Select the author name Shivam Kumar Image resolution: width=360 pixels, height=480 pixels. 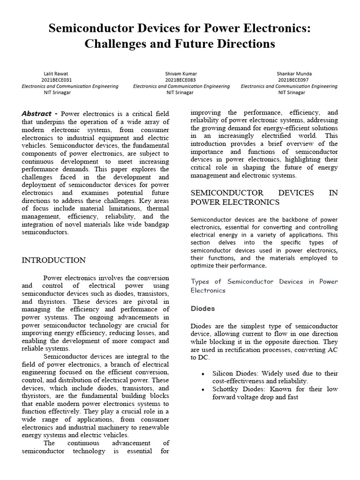coord(181,74)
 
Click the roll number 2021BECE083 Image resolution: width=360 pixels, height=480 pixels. coord(181,80)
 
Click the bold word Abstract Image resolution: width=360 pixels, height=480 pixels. coord(37,113)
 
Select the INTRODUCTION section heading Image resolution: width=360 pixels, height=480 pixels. coord(53,261)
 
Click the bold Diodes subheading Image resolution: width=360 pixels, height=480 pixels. coord(202,309)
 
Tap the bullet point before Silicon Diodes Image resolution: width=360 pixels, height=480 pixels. coord(202,374)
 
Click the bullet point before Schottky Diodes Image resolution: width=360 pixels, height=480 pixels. coord(202,390)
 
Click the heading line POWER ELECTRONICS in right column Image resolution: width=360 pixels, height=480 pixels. coord(235,202)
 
